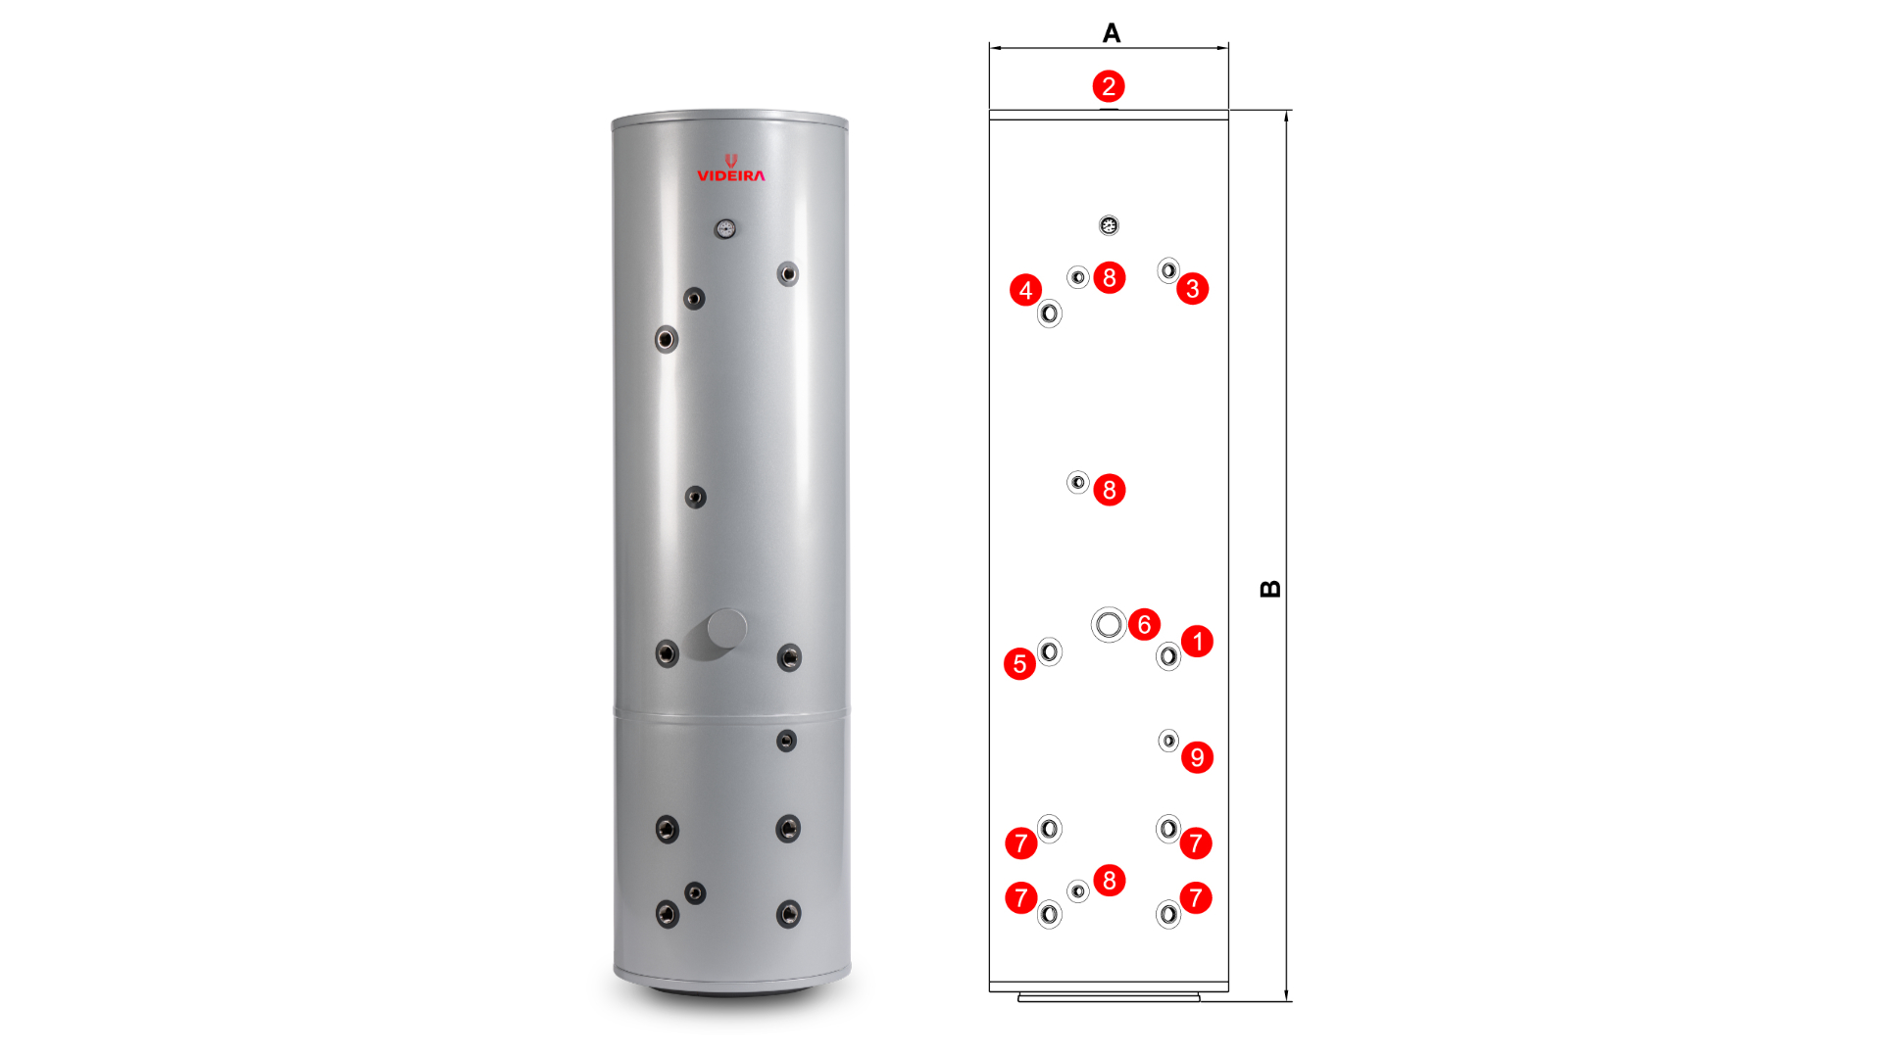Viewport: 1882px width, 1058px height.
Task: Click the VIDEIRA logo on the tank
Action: tap(731, 168)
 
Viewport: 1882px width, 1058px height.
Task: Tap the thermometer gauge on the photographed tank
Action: tap(725, 229)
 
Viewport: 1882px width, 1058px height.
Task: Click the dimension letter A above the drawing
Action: tap(1111, 33)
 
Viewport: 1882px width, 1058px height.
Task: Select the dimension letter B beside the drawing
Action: tap(1270, 589)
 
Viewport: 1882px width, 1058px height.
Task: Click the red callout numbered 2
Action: tap(1109, 86)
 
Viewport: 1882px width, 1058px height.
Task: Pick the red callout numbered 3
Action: tap(1192, 289)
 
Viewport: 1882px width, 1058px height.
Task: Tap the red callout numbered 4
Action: tap(1025, 290)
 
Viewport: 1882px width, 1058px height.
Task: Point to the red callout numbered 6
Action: tap(1144, 624)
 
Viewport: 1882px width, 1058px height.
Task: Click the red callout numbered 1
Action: tap(1197, 642)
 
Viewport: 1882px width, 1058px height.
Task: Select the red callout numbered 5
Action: tap(1019, 664)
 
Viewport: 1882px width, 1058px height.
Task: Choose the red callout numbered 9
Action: tap(1197, 757)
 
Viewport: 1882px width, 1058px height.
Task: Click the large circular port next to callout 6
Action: tap(1109, 624)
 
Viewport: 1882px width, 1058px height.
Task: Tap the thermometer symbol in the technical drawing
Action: tap(1109, 225)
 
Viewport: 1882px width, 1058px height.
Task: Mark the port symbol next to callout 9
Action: tap(1168, 741)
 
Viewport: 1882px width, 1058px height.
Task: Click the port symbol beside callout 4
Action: tap(1050, 313)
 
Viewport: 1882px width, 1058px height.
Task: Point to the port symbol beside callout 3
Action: tap(1168, 270)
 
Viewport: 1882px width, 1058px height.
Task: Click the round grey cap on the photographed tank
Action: tap(726, 629)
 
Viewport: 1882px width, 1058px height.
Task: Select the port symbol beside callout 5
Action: tap(1050, 651)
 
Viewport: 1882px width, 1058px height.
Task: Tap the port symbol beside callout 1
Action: tap(1168, 656)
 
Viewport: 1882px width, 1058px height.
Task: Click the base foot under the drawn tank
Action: tap(1109, 997)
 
